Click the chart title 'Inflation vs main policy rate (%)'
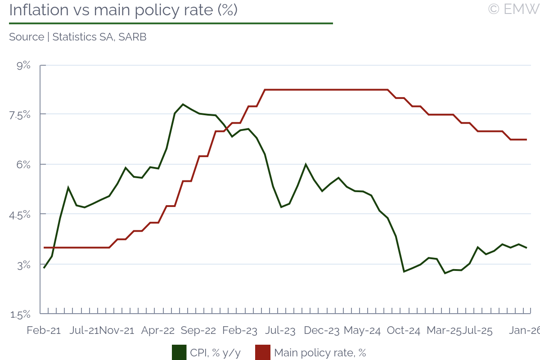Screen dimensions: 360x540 (123, 10)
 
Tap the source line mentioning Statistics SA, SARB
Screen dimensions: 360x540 (77, 37)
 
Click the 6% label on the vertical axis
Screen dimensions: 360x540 (23, 165)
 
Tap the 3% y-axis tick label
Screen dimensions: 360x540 (23, 265)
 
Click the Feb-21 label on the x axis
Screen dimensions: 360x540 (44, 330)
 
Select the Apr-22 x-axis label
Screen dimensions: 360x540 (158, 330)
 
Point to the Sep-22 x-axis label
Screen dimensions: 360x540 (198, 330)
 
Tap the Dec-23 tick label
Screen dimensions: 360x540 (321, 330)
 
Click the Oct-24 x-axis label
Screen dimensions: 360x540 (403, 330)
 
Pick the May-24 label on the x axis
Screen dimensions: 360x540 (362, 330)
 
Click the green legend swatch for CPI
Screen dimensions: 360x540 (179, 352)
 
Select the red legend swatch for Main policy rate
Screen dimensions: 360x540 (263, 352)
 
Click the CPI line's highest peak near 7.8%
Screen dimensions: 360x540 (183, 104)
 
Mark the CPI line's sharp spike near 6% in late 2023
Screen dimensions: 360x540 (306, 165)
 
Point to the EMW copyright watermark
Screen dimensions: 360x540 (513, 9)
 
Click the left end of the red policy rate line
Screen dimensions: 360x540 (44, 247)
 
